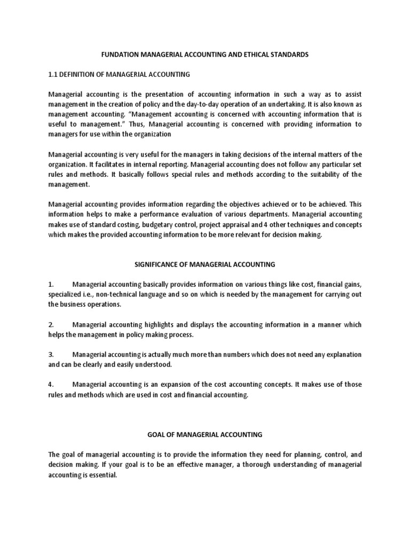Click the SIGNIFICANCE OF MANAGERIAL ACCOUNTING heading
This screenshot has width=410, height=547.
point(205,264)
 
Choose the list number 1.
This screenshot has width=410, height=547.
point(51,284)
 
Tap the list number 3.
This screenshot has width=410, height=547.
point(51,355)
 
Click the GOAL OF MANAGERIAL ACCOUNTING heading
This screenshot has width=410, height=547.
point(205,435)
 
